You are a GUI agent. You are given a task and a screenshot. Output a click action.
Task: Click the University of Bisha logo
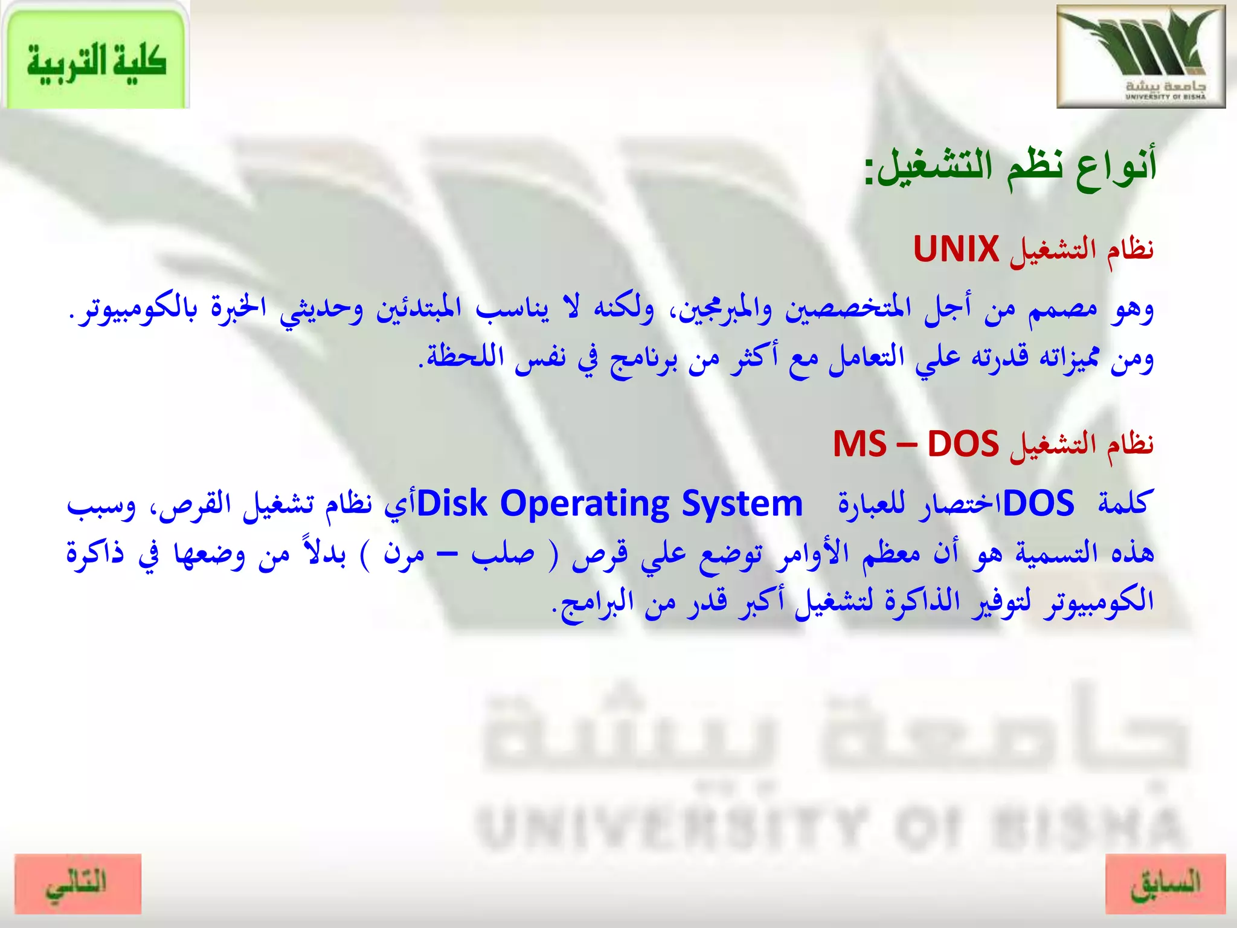tap(1140, 56)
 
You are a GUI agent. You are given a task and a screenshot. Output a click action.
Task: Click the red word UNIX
tap(956, 249)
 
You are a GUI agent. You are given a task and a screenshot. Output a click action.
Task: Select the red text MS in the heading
tap(859, 444)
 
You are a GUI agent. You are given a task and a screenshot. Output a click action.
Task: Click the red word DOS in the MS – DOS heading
tap(963, 444)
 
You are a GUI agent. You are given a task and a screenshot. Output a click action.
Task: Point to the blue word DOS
tap(1038, 503)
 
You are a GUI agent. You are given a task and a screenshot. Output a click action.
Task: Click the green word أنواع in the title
tap(1117, 166)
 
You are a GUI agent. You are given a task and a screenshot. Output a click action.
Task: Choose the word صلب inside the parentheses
tap(503, 553)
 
